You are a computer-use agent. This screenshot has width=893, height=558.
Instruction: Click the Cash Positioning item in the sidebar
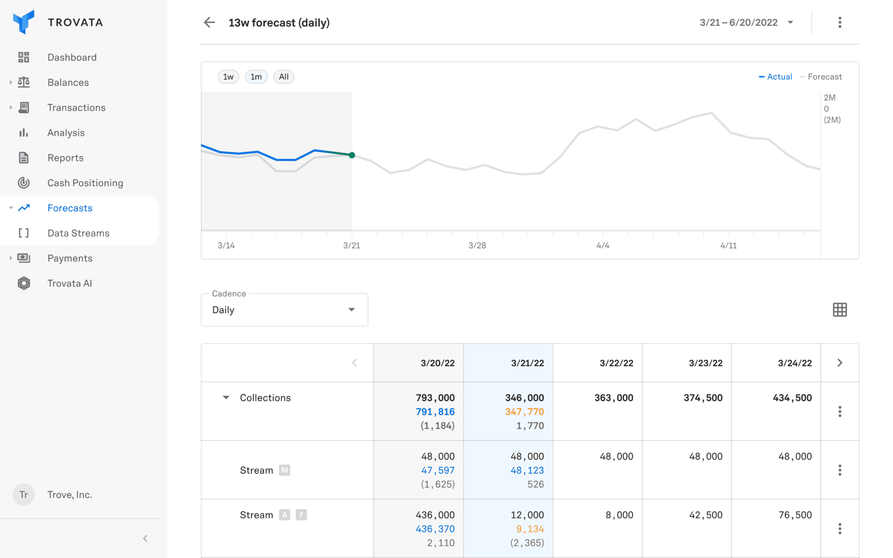click(85, 183)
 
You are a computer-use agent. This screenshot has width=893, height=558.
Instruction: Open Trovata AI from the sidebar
click(69, 283)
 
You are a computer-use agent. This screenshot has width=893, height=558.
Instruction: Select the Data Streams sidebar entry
click(78, 233)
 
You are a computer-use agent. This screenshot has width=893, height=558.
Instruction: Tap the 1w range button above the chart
click(228, 77)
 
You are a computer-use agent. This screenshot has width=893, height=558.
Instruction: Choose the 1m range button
click(256, 77)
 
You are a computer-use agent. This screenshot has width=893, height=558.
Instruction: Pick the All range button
click(284, 77)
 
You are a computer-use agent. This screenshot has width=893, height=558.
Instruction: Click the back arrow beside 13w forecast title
click(210, 23)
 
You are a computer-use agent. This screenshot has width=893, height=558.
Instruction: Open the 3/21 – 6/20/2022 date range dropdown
click(746, 23)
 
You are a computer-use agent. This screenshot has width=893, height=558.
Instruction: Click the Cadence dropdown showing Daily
click(284, 310)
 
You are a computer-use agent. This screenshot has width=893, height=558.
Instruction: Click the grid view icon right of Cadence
click(839, 310)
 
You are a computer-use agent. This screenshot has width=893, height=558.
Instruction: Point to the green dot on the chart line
click(352, 155)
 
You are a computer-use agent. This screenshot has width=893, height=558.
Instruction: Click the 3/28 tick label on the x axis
click(477, 245)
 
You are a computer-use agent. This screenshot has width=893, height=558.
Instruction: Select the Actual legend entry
click(776, 77)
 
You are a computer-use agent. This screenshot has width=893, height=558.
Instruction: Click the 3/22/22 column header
click(616, 363)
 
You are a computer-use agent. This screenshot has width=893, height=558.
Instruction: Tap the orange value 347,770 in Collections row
click(524, 412)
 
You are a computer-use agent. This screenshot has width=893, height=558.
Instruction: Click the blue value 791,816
click(435, 412)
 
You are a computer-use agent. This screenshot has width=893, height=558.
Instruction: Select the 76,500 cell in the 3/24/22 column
click(795, 515)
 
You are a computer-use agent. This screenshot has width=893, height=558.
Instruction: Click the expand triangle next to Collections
click(226, 398)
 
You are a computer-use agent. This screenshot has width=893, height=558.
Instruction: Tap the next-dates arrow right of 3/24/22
click(840, 363)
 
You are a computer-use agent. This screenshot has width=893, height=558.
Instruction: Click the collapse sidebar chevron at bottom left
click(145, 538)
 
